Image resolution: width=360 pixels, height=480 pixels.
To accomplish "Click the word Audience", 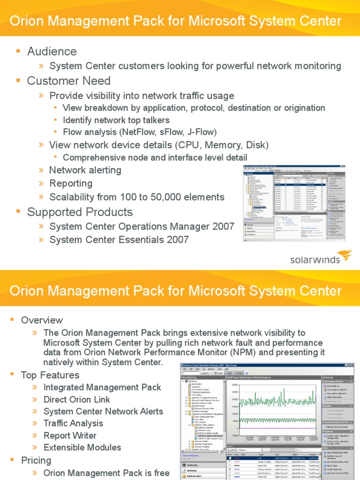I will point(52,51).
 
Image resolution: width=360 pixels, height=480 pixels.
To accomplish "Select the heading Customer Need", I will point(68,81).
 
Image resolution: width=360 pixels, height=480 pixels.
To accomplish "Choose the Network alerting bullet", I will point(85,170).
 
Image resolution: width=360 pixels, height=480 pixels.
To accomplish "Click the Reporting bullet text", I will point(71,183).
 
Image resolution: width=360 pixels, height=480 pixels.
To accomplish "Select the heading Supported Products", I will point(80,212).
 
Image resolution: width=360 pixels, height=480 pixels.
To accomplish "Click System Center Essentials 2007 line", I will point(119,240).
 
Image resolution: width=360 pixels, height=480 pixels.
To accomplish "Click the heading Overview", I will point(42,320).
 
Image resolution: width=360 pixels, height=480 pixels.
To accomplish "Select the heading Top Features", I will point(50,375).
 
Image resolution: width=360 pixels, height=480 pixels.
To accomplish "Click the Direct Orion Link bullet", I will point(76,399).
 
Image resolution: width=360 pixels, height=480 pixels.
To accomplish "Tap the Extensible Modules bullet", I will point(82,448).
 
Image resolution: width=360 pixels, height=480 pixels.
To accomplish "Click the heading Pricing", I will point(36,460).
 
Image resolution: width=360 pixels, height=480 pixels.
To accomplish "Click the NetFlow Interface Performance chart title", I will point(248,377).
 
